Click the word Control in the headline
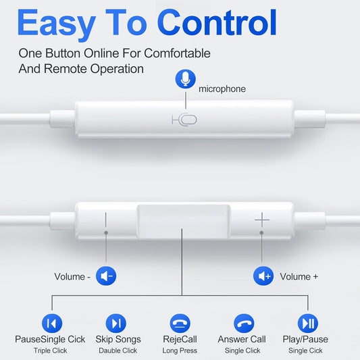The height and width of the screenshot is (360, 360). [x=217, y=23]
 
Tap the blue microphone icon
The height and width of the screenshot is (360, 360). [x=184, y=79]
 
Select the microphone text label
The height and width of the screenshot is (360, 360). [x=222, y=88]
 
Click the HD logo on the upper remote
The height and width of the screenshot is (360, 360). [x=184, y=120]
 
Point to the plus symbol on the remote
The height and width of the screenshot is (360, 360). [x=262, y=220]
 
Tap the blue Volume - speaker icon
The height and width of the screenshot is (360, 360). [x=106, y=276]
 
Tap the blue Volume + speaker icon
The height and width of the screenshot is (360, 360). [x=263, y=276]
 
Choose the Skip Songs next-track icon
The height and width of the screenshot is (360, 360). [x=116, y=323]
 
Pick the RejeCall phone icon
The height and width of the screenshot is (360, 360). [x=180, y=323]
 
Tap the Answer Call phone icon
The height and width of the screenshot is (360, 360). [x=243, y=323]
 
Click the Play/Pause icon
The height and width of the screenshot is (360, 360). [x=307, y=323]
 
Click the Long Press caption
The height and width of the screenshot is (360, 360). [x=180, y=351]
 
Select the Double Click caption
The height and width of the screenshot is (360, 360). [x=118, y=351]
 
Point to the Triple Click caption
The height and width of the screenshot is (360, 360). [x=51, y=351]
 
